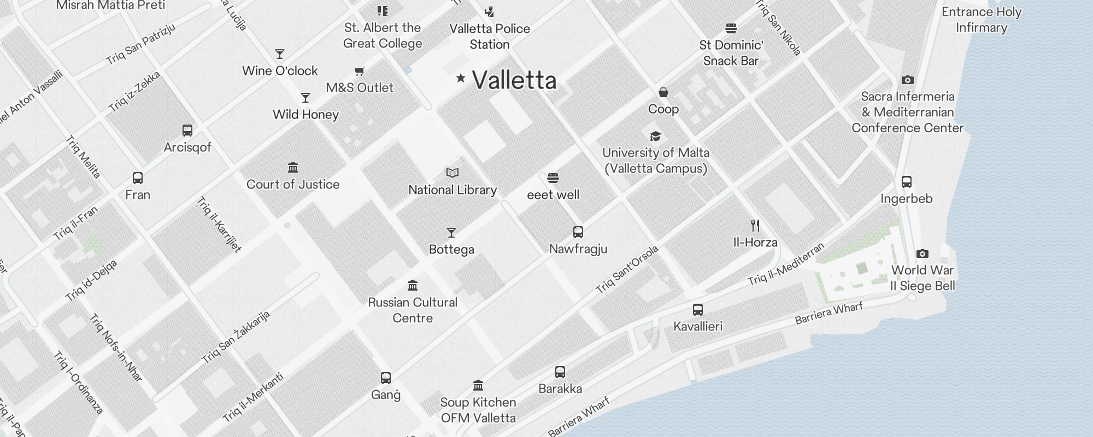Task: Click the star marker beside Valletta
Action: (461, 78)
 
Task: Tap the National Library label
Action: (453, 190)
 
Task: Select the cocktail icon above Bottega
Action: (451, 233)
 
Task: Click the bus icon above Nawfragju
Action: (578, 232)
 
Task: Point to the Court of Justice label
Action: (293, 185)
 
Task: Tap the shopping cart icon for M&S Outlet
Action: (360, 72)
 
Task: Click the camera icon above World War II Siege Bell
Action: (922, 253)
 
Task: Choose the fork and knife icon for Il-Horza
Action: (755, 225)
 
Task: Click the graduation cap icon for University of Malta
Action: (655, 136)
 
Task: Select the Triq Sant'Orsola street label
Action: (627, 270)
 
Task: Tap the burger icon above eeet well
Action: (553, 178)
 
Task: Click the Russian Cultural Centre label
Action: (413, 310)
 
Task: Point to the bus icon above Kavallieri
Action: (698, 310)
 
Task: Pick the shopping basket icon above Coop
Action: (663, 92)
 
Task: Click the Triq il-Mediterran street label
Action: (786, 264)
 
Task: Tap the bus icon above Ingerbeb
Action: (907, 182)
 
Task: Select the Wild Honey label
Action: (305, 115)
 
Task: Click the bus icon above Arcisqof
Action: (187, 131)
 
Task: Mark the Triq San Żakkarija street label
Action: (236, 338)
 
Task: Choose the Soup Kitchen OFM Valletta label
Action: (478, 410)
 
